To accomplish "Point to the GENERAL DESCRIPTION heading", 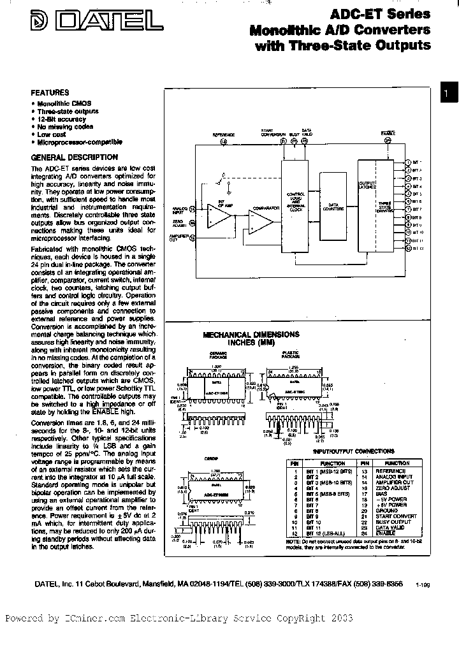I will [x=74, y=157].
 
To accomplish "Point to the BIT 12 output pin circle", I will [x=408, y=249].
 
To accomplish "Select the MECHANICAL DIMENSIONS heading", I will [x=251, y=335].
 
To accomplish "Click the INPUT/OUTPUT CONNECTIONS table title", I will [x=362, y=451].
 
